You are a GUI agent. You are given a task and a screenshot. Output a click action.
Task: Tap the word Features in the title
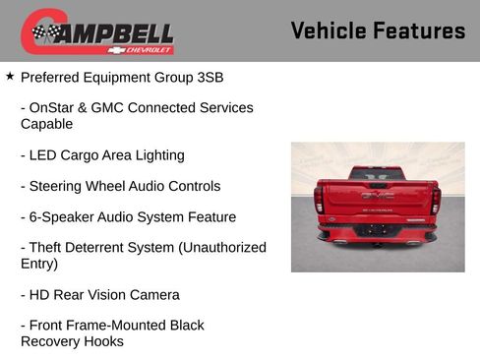click(x=421, y=30)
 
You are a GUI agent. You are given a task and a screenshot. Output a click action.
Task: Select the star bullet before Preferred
click(x=10, y=75)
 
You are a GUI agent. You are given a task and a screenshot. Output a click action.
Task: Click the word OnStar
click(x=55, y=107)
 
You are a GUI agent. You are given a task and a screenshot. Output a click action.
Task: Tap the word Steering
click(x=60, y=186)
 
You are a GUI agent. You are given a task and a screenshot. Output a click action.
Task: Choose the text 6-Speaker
click(x=62, y=216)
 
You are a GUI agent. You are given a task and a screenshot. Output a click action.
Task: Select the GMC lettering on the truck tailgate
click(x=377, y=196)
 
